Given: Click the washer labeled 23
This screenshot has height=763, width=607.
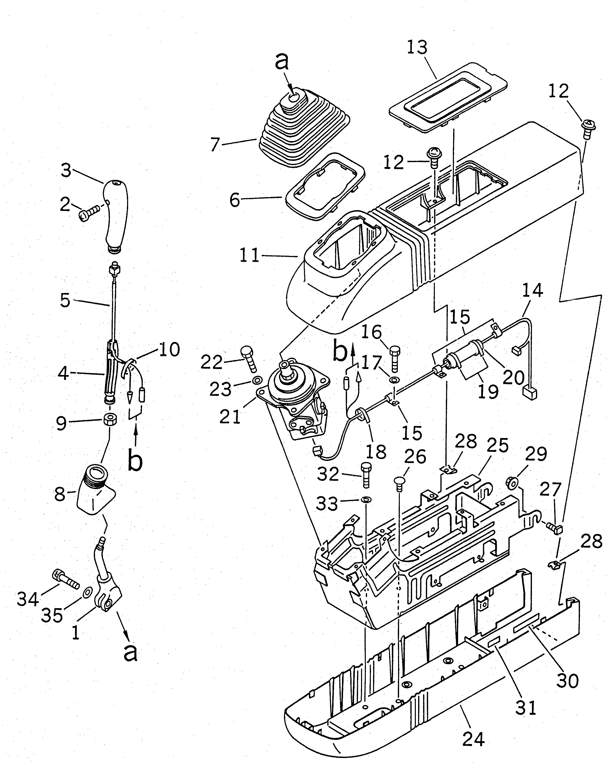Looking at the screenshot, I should click(257, 380).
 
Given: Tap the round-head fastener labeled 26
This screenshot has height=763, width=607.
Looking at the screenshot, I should click(400, 483).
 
